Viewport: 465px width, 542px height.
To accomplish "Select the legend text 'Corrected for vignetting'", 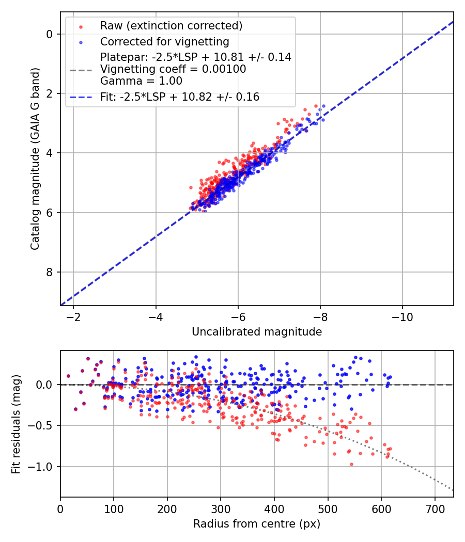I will click(x=164, y=41).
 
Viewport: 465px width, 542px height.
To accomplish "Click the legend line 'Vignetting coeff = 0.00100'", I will click(x=173, y=69).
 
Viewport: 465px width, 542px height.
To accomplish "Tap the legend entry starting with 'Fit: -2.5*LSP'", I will click(x=180, y=97).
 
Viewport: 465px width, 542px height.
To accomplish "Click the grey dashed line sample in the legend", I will click(x=81, y=69).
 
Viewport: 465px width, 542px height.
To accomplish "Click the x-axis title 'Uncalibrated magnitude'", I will click(x=257, y=332).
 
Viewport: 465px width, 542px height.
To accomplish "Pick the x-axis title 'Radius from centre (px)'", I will click(x=257, y=524).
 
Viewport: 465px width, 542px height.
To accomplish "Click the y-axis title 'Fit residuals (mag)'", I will click(x=16, y=424).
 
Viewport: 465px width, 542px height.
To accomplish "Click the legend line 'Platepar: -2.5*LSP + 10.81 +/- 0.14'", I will click(x=196, y=57).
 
